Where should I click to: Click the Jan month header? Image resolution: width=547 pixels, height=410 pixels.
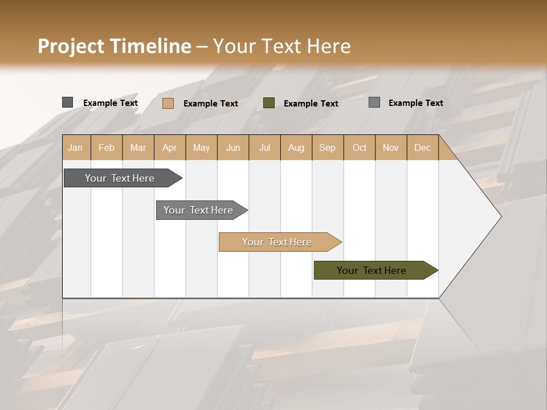[75, 147]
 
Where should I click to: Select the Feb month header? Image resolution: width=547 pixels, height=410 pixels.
[107, 147]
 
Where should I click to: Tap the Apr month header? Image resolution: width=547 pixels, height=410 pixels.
[169, 147]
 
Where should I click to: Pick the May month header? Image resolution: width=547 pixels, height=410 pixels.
[201, 147]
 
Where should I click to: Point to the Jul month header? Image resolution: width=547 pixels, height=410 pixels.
[264, 147]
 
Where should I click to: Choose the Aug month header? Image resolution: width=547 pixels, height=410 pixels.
[296, 147]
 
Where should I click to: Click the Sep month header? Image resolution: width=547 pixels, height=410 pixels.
[327, 147]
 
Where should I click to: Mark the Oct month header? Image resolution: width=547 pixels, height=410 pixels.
[360, 147]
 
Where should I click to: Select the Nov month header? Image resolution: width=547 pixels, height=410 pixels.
[391, 147]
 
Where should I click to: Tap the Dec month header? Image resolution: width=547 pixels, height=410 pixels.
[422, 147]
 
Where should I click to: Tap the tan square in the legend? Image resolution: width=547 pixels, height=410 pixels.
[168, 103]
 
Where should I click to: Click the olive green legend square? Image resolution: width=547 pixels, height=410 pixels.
[269, 103]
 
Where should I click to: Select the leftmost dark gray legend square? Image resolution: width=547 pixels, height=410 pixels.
[67, 102]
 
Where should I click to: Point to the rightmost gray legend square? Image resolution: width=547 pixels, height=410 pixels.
[374, 102]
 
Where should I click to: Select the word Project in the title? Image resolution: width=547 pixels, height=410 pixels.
[71, 46]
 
